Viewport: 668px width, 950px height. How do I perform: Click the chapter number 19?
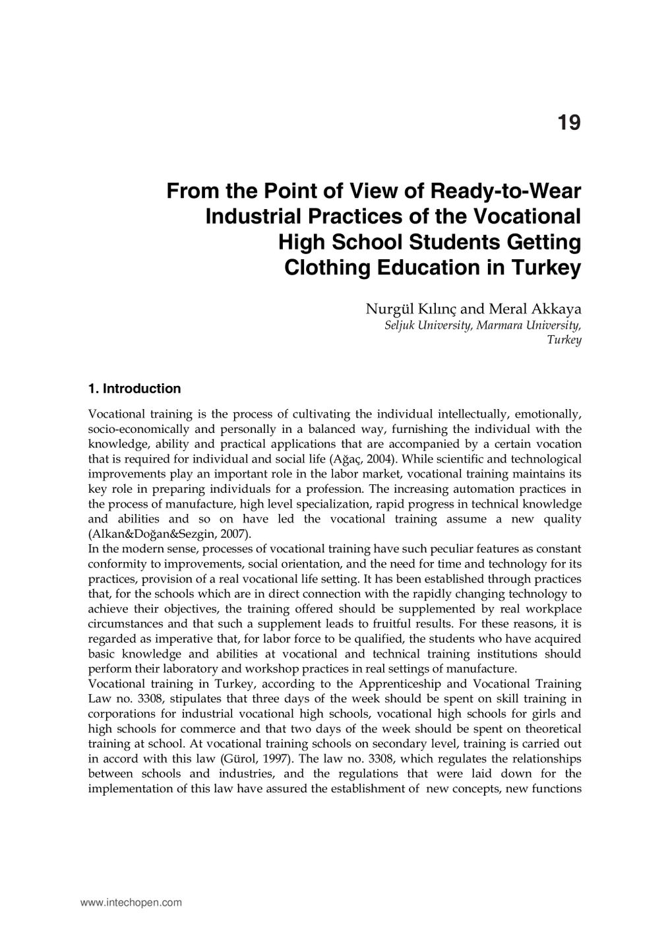569,123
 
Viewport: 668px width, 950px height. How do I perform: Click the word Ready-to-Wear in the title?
506,191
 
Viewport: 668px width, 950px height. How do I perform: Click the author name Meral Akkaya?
535,309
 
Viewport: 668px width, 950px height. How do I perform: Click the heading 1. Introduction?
134,389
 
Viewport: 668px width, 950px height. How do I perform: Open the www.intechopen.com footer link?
131,902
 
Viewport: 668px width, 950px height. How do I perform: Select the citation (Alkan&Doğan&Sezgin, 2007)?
169,534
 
